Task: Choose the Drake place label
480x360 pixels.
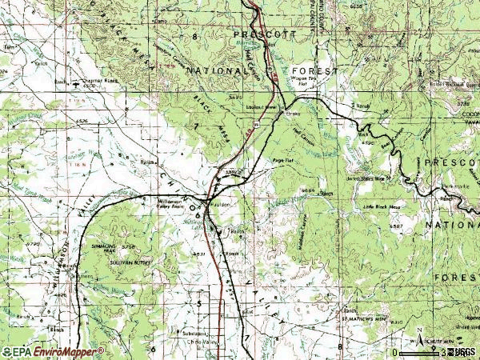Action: click(x=292, y=113)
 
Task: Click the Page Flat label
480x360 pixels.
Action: click(x=282, y=161)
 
